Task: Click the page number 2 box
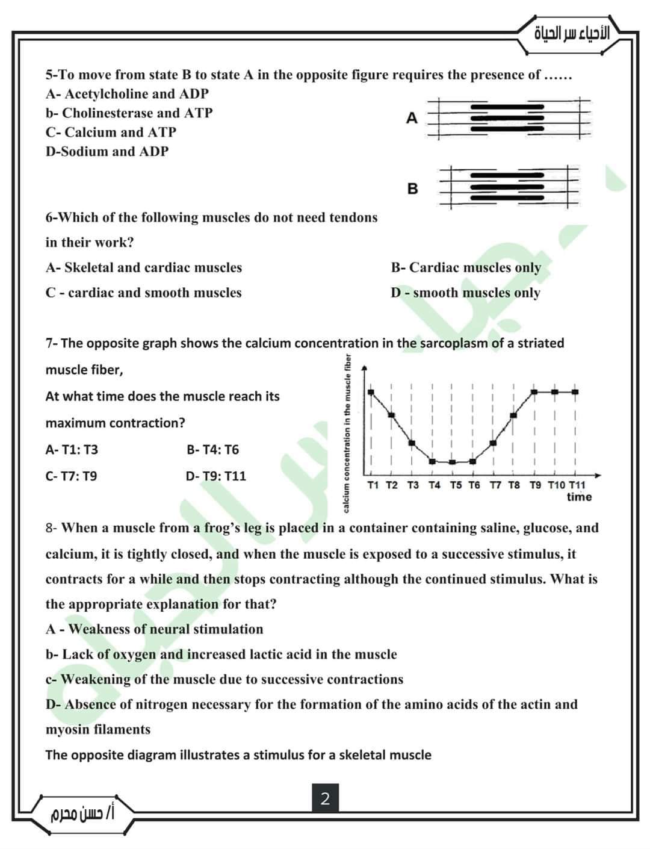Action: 325,799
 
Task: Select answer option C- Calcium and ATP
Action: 111,132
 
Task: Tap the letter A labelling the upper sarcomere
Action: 412,118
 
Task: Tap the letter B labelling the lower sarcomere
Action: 412,188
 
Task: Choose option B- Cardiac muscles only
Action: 466,267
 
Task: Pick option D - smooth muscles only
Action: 465,293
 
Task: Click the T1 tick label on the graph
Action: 373,485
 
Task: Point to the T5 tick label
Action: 456,485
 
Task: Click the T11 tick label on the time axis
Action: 577,485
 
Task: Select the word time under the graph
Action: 579,497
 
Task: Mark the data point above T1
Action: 371,392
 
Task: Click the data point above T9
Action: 534,392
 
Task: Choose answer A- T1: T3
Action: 72,450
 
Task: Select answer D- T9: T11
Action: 216,476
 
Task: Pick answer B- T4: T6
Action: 212,450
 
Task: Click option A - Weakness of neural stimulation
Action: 154,629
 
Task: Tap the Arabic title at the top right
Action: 572,34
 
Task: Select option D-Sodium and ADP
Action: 107,151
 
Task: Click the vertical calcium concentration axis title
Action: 347,434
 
